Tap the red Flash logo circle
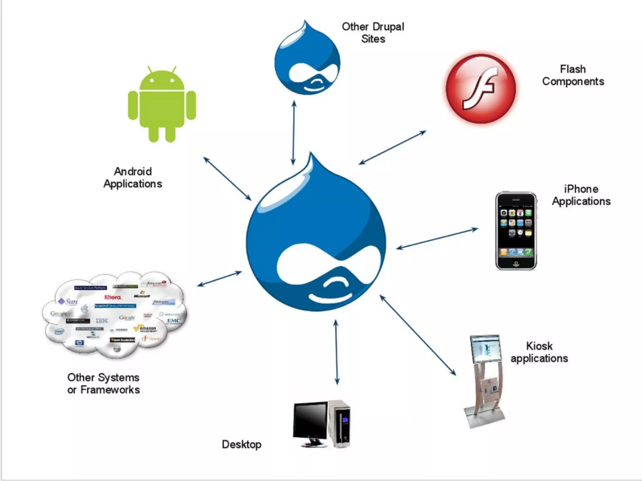click(481, 89)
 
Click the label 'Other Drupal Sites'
click(373, 33)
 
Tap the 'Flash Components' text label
click(573, 75)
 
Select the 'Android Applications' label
click(133, 178)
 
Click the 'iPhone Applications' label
click(581, 195)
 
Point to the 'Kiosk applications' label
click(539, 352)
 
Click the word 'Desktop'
click(241, 444)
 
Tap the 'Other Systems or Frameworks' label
click(103, 383)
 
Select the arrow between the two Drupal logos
click(293, 133)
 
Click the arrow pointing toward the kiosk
click(418, 335)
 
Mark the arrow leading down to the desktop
click(336, 352)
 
